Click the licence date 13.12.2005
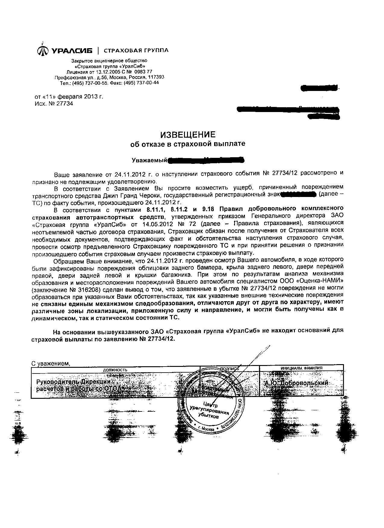point(106,72)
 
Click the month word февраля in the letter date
point(68,97)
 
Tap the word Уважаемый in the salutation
point(149,160)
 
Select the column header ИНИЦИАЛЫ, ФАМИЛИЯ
point(301,368)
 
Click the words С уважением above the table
point(51,364)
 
